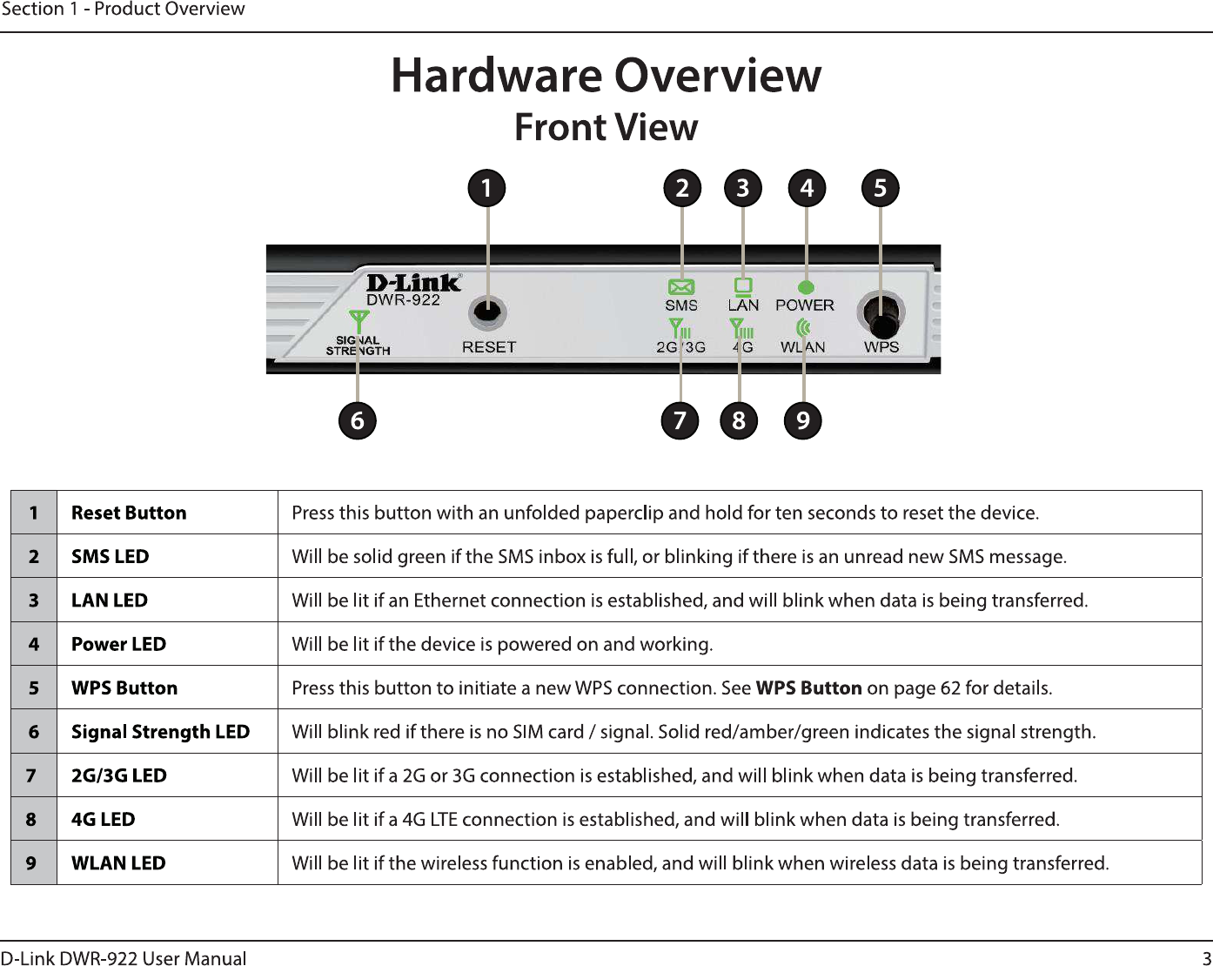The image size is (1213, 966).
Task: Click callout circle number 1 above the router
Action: point(486,188)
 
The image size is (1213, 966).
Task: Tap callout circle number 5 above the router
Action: point(880,188)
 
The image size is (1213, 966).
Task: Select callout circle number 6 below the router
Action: point(357,421)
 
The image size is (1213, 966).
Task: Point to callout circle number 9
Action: point(803,421)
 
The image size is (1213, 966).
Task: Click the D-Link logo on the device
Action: point(413,283)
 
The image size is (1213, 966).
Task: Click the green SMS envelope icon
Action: point(681,286)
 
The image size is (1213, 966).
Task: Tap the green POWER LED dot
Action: point(807,287)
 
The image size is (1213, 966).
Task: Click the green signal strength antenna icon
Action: point(359,321)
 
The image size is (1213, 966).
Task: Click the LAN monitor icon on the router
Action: point(743,285)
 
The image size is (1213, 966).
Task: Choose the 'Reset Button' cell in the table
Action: point(129,513)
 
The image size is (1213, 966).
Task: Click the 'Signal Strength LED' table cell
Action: point(160,732)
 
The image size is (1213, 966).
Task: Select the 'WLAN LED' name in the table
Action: point(118,863)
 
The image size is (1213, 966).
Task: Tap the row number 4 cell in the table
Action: point(34,644)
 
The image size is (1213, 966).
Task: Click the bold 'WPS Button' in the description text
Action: point(808,688)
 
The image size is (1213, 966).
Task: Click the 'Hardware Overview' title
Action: point(606,75)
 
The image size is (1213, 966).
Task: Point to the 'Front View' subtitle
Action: point(606,127)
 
